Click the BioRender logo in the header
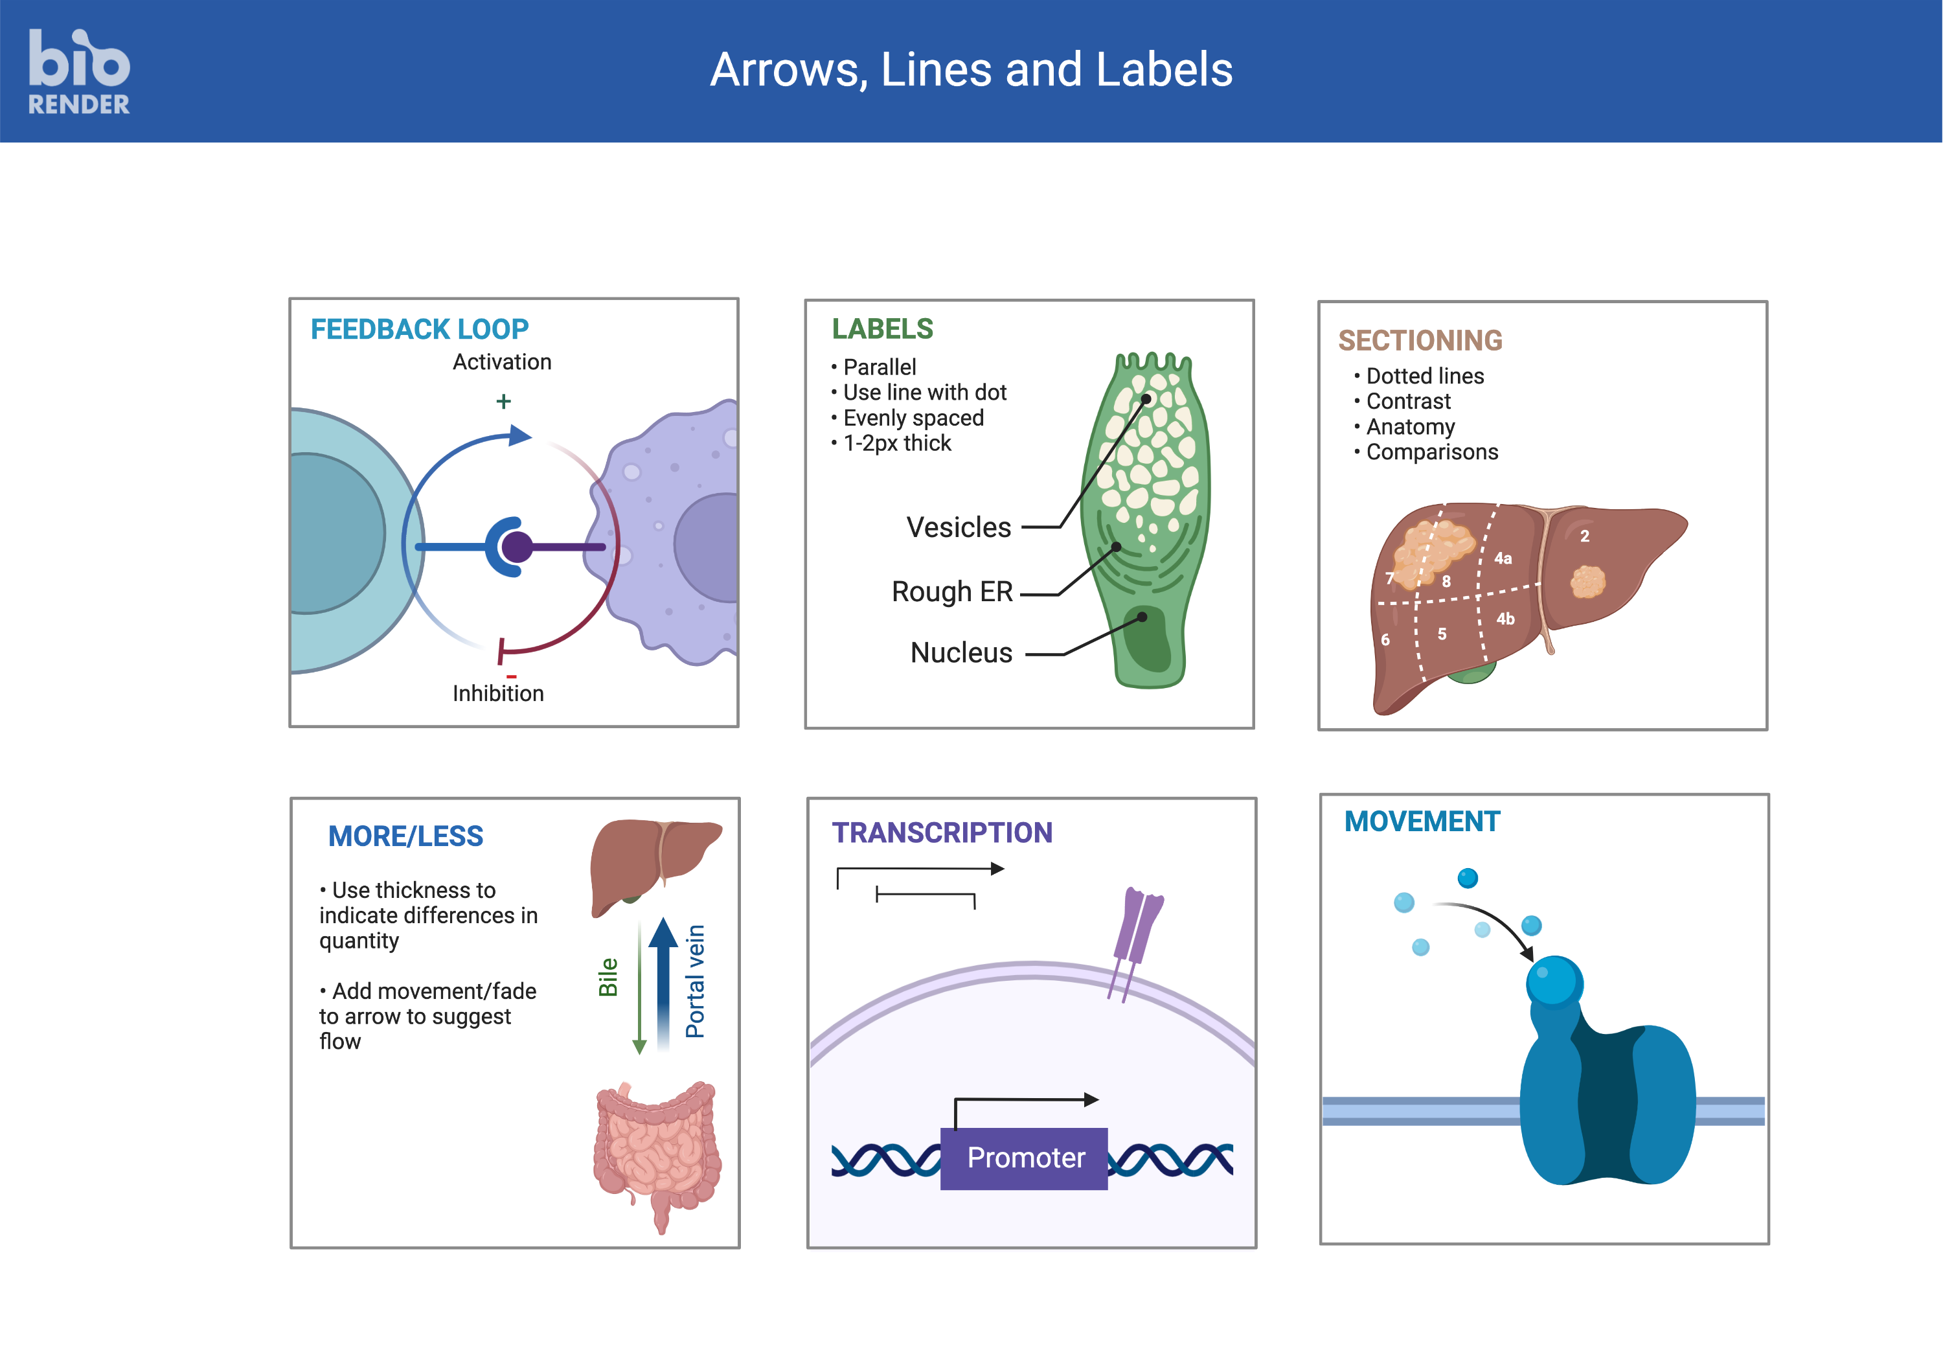pyautogui.click(x=79, y=72)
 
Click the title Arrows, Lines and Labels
pyautogui.click(x=971, y=69)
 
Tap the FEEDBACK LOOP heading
pyautogui.click(x=419, y=329)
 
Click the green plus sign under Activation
pyautogui.click(x=503, y=401)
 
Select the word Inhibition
pyautogui.click(x=497, y=694)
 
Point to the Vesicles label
pyautogui.click(x=958, y=527)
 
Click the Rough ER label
pyautogui.click(x=951, y=591)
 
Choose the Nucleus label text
pyautogui.click(x=960, y=652)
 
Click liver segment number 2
pyautogui.click(x=1584, y=536)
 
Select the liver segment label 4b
pyautogui.click(x=1505, y=619)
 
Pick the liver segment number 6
pyautogui.click(x=1385, y=640)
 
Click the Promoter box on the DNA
pyautogui.click(x=1024, y=1158)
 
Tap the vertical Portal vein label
pyautogui.click(x=695, y=981)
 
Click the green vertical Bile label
pyautogui.click(x=608, y=978)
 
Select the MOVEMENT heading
pyautogui.click(x=1422, y=821)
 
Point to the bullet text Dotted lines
pyautogui.click(x=1424, y=376)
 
